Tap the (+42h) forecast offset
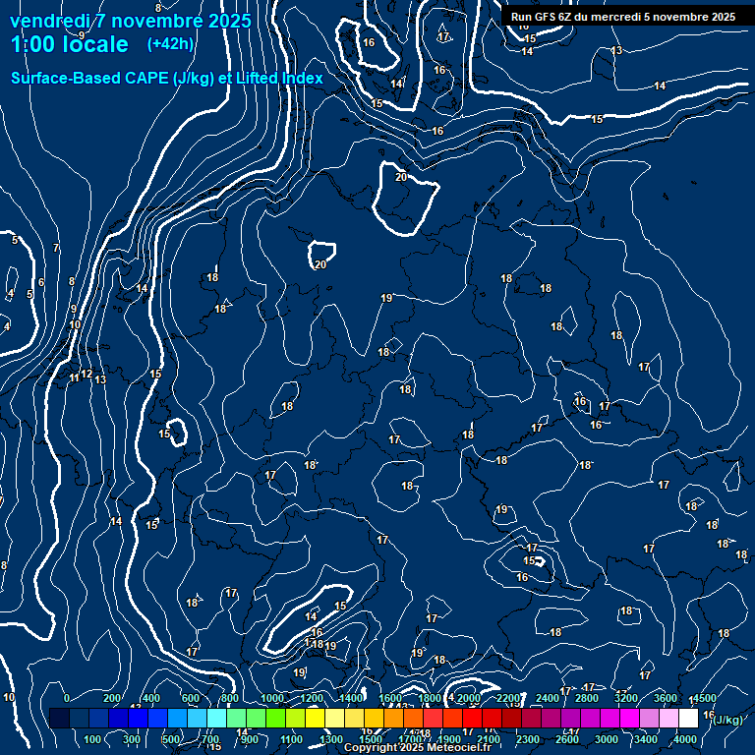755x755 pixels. point(170,43)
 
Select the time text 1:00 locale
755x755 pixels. point(69,44)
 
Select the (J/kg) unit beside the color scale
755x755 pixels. point(726,720)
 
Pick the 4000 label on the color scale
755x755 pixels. point(686,739)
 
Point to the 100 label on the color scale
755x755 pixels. point(93,739)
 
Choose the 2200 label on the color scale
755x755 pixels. point(508,698)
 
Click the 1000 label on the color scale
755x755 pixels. point(272,698)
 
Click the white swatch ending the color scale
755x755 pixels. point(688,719)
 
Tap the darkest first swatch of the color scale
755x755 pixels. point(59,719)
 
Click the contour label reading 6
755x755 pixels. point(41,282)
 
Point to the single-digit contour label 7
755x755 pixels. point(56,248)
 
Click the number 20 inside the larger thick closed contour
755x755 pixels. point(401,177)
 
